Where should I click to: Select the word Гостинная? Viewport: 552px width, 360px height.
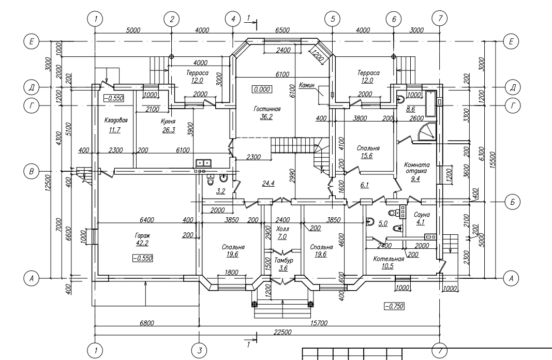(x=267, y=109)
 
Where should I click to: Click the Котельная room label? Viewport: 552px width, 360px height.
(x=389, y=259)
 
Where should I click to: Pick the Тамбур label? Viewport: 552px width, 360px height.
(x=283, y=260)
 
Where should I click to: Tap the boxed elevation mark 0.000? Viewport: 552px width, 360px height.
(x=262, y=89)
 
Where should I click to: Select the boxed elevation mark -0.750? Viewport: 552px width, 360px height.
(x=394, y=306)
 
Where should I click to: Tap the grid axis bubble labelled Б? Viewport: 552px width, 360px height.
(x=512, y=201)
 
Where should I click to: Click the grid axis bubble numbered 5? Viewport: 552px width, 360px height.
(x=333, y=19)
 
